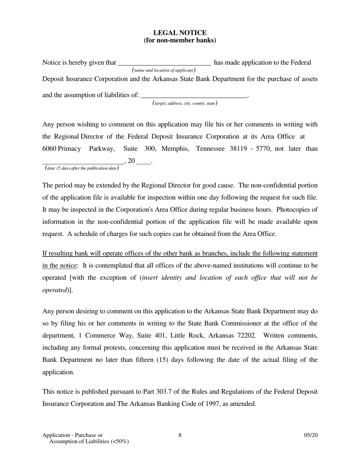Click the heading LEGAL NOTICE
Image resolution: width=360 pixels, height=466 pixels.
(x=180, y=33)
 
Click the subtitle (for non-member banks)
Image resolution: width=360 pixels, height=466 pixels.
(x=180, y=40)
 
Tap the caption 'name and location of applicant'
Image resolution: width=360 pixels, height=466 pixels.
(x=164, y=70)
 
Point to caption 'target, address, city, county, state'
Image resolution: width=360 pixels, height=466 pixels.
(x=185, y=103)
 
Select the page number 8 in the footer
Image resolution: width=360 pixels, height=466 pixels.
(x=180, y=435)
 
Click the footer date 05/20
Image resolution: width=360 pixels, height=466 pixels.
(x=311, y=435)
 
